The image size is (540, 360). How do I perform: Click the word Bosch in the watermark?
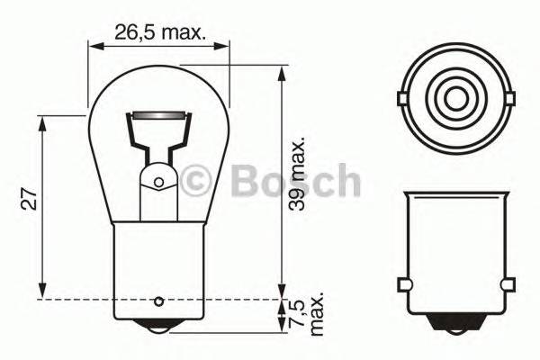coord(295,182)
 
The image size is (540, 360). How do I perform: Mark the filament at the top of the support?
coord(159,116)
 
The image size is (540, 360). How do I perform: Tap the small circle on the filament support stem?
coord(159,183)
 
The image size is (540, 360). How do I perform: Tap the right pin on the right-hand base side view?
coord(508,285)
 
